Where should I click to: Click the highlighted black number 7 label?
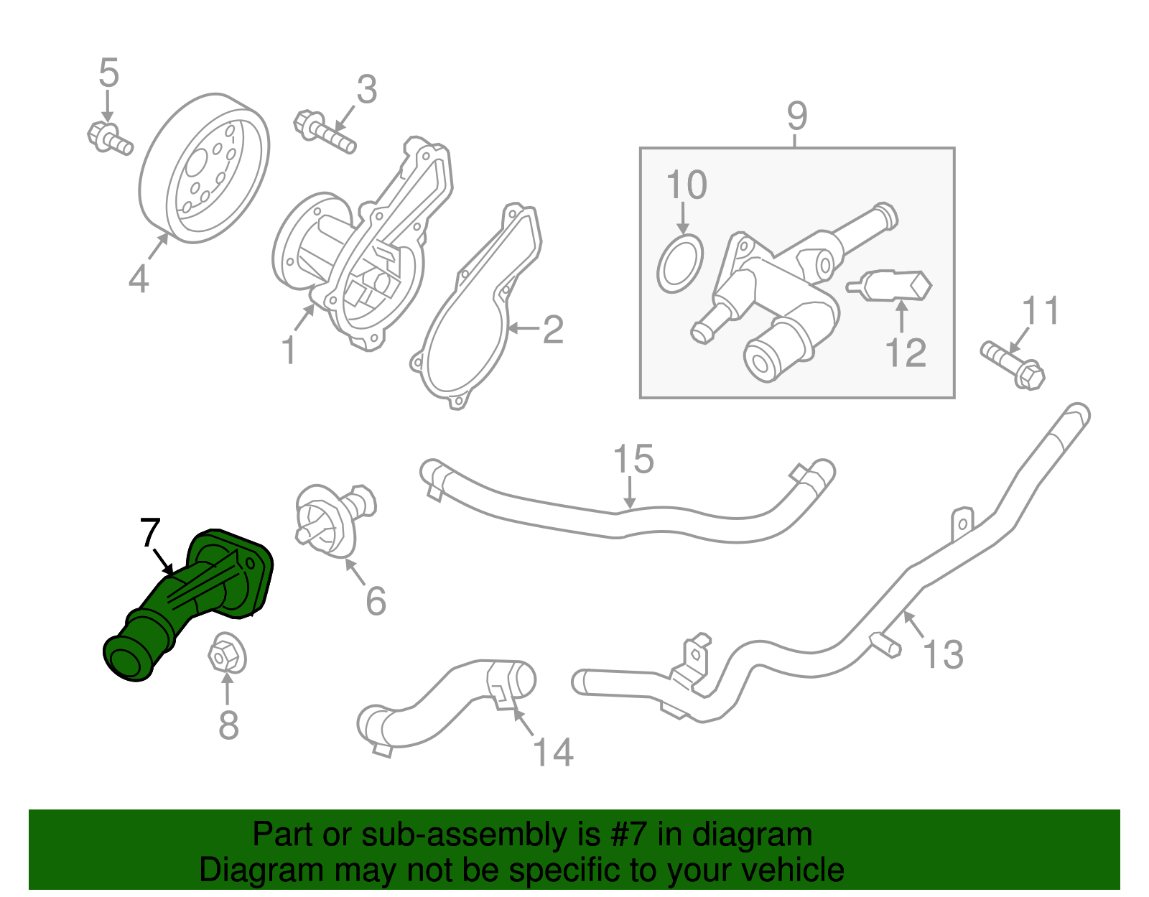click(x=149, y=533)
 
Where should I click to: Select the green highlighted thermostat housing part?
click(x=188, y=600)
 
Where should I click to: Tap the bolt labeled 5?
click(x=109, y=138)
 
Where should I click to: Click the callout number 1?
click(x=289, y=351)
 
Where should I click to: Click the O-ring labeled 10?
click(x=679, y=264)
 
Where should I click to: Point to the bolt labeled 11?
click(x=1013, y=363)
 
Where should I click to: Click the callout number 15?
click(x=633, y=460)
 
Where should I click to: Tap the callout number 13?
click(x=942, y=655)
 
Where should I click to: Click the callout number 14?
click(x=554, y=753)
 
